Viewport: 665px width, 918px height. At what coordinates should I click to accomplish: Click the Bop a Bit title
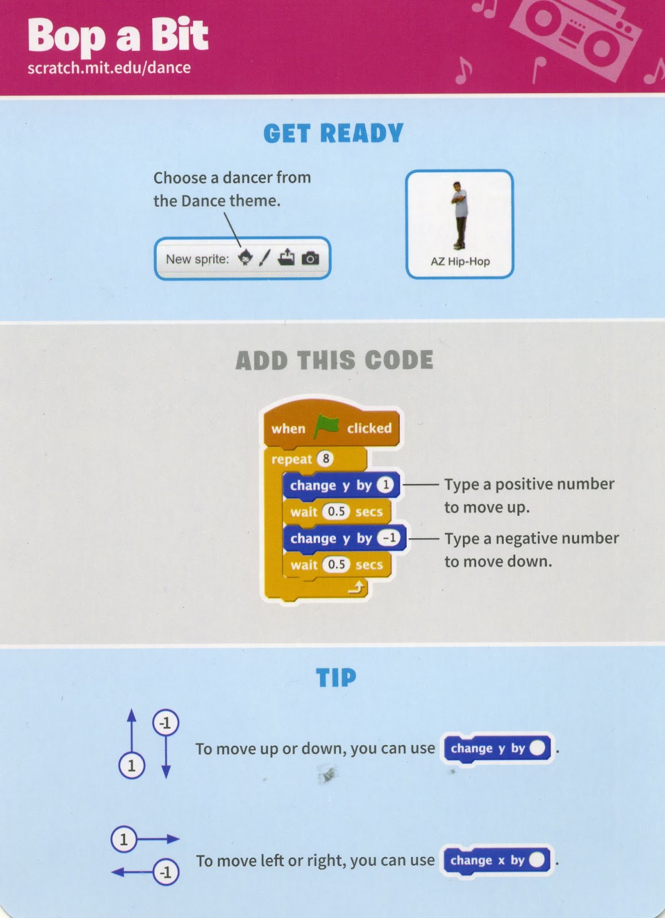(x=118, y=37)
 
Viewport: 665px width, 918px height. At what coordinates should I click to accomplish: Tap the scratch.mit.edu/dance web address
(x=109, y=68)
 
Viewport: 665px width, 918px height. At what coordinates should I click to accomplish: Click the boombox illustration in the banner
(x=575, y=34)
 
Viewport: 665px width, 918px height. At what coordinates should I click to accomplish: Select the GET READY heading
(x=333, y=133)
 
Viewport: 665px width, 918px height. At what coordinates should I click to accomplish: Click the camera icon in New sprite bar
(x=310, y=259)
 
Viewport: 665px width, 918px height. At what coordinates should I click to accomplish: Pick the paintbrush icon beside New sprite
(x=265, y=258)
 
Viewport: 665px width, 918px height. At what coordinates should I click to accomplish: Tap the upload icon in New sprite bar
(x=286, y=257)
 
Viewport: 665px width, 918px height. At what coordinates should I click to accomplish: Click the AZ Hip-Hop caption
(x=460, y=262)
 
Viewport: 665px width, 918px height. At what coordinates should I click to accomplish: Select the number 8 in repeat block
(x=326, y=458)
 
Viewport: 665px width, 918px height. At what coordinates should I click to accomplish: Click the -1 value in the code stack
(x=389, y=538)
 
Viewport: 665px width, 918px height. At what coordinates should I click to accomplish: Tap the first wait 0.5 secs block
(x=337, y=511)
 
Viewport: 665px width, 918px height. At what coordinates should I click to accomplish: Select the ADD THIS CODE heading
(x=335, y=360)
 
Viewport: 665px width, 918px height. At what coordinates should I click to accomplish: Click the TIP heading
(x=336, y=678)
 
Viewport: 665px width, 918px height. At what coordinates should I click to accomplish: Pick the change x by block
(x=497, y=861)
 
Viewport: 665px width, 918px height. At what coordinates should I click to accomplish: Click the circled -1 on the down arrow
(x=166, y=723)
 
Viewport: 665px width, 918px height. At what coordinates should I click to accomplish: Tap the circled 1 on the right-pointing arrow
(x=124, y=840)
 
